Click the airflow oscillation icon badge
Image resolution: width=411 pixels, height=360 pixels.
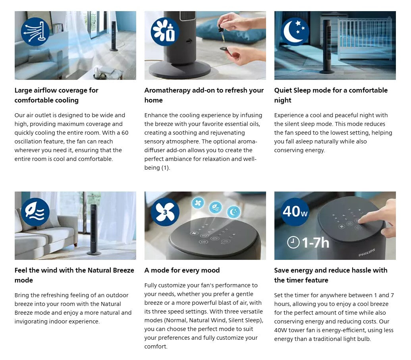pos(35,32)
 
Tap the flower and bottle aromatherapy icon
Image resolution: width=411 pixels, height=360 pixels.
pos(165,32)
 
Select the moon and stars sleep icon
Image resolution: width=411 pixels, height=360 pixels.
pos(295,32)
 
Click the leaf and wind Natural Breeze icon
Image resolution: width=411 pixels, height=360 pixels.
pos(35,212)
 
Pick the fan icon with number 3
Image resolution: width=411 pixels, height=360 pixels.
pos(165,212)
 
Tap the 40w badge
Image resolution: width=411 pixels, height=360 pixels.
pos(295,212)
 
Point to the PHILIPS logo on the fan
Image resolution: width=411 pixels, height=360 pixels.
pos(367,253)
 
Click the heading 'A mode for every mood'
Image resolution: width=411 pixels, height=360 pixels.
pos(182,270)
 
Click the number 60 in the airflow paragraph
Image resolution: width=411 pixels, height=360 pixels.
pos(125,133)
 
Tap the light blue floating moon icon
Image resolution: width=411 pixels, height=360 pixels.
pos(233,212)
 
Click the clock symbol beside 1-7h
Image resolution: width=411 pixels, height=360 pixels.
pos(293,242)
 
